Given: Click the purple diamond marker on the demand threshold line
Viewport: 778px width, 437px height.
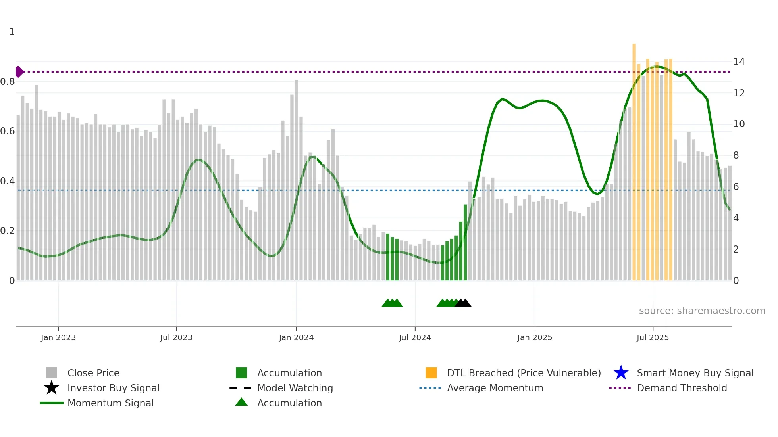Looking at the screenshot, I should pyautogui.click(x=19, y=72).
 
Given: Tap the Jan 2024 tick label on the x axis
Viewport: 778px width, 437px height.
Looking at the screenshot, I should pyautogui.click(x=296, y=338).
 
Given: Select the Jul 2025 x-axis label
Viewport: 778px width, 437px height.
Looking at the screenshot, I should pyautogui.click(x=653, y=338).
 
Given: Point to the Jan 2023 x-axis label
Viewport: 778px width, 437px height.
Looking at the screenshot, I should pyautogui.click(x=58, y=338).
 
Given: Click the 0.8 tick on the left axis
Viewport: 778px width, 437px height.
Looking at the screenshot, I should pyautogui.click(x=8, y=82).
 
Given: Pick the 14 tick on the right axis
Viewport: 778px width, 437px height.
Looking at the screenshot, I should pyautogui.click(x=739, y=62).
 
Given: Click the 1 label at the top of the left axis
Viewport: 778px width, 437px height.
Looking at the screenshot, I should pyautogui.click(x=12, y=32).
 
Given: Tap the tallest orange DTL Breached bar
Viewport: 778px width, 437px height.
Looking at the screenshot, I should pyautogui.click(x=634, y=159).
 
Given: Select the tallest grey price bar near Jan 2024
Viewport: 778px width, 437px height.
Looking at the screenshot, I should pyautogui.click(x=297, y=178).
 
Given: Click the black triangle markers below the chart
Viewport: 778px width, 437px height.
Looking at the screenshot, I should pyautogui.click(x=463, y=303).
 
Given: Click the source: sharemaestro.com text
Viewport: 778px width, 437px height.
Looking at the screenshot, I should pyautogui.click(x=702, y=311).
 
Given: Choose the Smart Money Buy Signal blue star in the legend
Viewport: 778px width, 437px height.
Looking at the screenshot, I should pyautogui.click(x=621, y=373).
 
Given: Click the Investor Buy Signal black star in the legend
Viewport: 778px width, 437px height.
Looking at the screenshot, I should pyautogui.click(x=52, y=388).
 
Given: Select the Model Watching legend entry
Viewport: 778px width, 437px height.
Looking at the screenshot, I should pyautogui.click(x=295, y=388).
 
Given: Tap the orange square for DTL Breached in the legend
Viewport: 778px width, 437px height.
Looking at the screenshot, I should pyautogui.click(x=431, y=373).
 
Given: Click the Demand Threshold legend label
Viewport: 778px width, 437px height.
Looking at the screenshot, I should pyautogui.click(x=682, y=388).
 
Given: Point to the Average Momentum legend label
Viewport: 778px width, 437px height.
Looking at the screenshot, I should pyautogui.click(x=495, y=388).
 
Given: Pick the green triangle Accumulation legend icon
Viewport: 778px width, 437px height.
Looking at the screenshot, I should pyautogui.click(x=241, y=402).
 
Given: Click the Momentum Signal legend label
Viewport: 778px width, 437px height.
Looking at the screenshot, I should pyautogui.click(x=110, y=403).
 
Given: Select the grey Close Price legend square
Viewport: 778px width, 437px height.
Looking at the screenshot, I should pyautogui.click(x=52, y=373).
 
